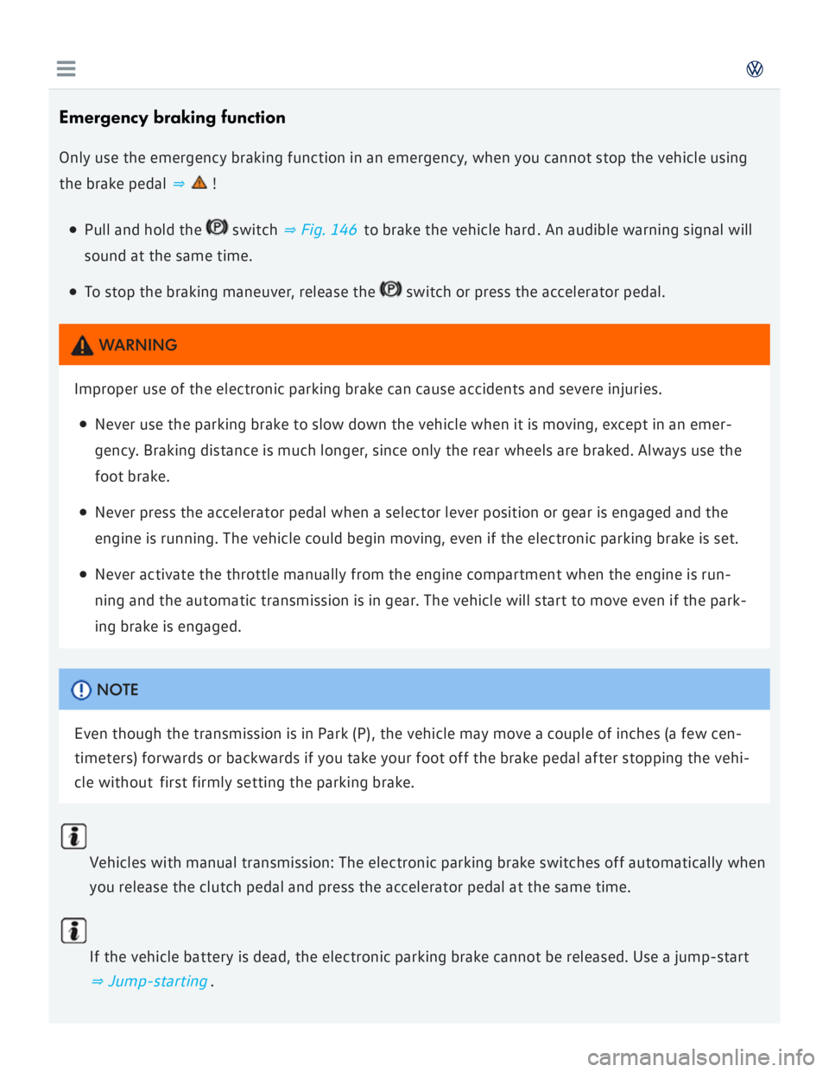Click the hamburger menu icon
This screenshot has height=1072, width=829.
pos(66,69)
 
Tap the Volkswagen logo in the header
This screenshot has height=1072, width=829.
pos(755,69)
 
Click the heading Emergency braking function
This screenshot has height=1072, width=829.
pos(172,117)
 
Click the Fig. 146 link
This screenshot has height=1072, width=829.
pos(320,230)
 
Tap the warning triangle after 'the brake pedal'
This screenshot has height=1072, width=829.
pos(199,182)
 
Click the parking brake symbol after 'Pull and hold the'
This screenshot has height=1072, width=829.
pos(217,227)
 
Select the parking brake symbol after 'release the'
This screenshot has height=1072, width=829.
pos(390,289)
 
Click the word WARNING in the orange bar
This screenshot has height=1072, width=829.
pos(138,345)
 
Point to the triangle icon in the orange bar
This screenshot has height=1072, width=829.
pos(82,346)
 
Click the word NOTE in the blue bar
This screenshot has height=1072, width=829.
pos(117,690)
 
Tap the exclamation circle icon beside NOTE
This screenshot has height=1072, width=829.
pos(81,690)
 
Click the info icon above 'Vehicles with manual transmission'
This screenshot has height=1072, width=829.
pos(74,836)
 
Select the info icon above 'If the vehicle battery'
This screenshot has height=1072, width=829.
pos(74,930)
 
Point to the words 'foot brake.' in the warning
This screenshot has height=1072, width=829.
pos(132,476)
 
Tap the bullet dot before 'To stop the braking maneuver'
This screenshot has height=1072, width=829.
pos(73,293)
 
